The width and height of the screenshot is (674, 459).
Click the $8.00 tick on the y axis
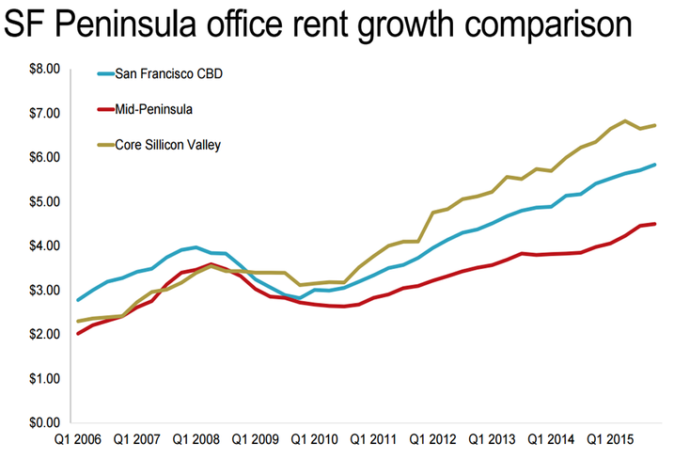point(43,69)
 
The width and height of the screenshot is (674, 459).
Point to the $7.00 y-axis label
point(43,113)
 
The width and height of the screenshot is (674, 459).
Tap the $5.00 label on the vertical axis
point(43,201)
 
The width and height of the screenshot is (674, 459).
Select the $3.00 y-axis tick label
point(43,290)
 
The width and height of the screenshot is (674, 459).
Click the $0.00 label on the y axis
point(43,422)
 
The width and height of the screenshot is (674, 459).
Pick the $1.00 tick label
point(43,378)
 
